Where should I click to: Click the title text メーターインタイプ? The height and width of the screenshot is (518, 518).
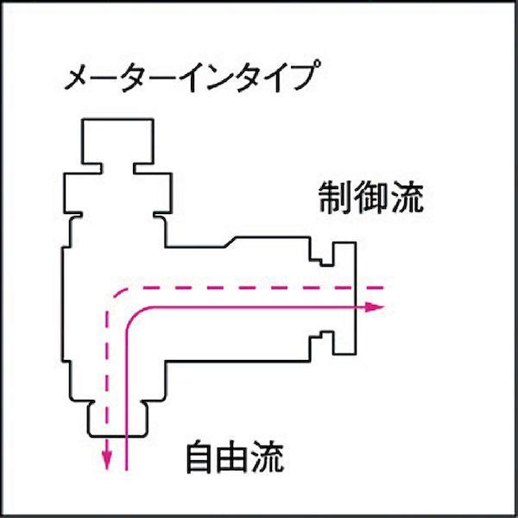point(193,76)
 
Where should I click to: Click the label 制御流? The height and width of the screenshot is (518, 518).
point(371,197)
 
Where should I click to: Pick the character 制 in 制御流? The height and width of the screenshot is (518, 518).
point(335,197)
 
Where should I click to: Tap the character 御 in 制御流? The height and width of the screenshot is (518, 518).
point(371,197)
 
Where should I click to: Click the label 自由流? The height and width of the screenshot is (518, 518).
point(235,457)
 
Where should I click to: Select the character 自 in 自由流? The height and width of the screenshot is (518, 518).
point(200,457)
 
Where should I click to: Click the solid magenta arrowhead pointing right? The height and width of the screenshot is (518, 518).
point(374,307)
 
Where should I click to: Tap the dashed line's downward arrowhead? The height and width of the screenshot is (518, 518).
point(106,460)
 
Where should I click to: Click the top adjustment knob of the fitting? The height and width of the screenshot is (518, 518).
point(117,141)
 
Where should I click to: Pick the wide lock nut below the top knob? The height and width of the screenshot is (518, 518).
point(118,193)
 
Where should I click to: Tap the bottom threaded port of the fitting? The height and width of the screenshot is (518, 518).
point(117,419)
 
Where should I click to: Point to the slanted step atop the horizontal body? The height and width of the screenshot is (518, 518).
point(230,242)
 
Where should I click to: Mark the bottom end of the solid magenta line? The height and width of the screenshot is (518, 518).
point(126,469)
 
